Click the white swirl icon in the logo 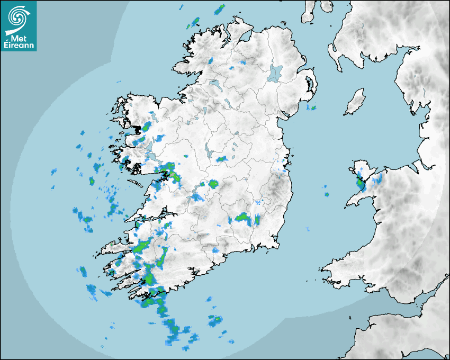tap(17, 17)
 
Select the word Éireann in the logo tap(19, 46)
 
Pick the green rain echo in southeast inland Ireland tap(242, 217)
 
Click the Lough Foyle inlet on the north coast tap(245, 37)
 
